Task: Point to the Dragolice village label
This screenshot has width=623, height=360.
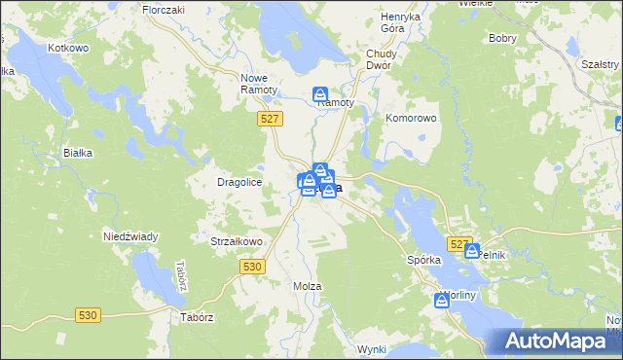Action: tap(239, 182)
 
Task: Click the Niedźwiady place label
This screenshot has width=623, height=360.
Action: tap(130, 236)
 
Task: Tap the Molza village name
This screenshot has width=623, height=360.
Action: tap(307, 286)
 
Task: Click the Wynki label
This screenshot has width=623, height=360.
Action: tap(372, 348)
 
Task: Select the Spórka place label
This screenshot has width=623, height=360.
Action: tap(423, 261)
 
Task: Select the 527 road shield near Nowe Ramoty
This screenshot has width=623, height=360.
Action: tap(272, 118)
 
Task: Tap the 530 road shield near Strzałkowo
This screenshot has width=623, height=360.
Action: tap(251, 266)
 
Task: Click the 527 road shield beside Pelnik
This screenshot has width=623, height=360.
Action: tap(458, 243)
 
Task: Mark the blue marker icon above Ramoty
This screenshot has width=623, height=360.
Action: tap(319, 94)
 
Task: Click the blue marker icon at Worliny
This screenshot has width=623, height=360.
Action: tap(442, 302)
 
